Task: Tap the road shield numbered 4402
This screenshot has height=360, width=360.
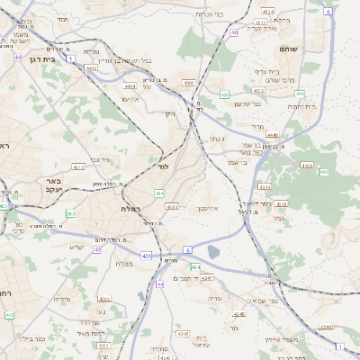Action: (x=91, y=67)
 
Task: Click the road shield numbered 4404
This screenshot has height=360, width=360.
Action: (x=130, y=86)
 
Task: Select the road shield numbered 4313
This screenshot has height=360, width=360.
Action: (x=265, y=186)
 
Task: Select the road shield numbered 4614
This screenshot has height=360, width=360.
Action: (x=267, y=12)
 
